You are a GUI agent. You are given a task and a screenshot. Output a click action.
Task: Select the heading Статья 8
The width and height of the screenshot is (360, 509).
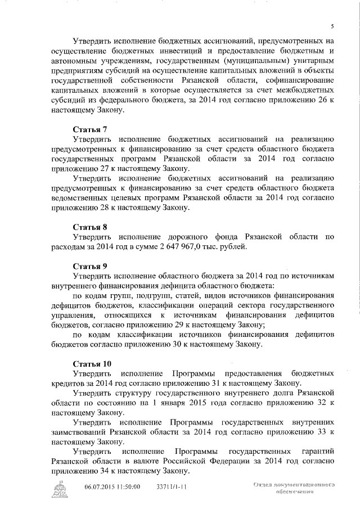click(x=89, y=227)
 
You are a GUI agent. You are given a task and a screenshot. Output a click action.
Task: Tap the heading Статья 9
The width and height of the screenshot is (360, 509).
click(x=89, y=265)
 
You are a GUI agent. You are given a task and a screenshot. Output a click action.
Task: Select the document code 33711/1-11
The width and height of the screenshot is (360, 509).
click(x=172, y=487)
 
